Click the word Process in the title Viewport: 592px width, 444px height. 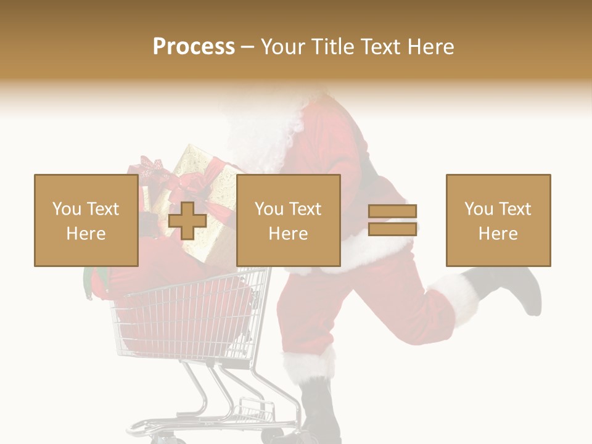click(x=194, y=47)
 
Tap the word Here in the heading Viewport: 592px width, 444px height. click(x=429, y=47)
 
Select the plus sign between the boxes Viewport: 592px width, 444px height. click(x=187, y=220)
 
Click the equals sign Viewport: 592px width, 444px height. click(x=392, y=220)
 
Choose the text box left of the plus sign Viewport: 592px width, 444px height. click(x=86, y=220)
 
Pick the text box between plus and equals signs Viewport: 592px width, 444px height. click(x=288, y=220)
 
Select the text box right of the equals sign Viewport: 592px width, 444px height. click(x=498, y=220)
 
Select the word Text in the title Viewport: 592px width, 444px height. click(x=380, y=47)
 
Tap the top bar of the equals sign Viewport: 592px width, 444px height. click(x=392, y=212)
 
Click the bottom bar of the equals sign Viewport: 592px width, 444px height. click(x=392, y=229)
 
